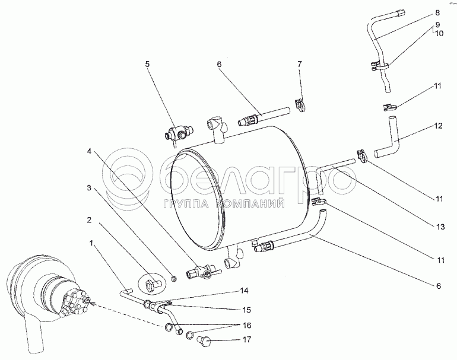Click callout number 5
[147, 64]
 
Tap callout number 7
[300, 64]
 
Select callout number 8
[437, 13]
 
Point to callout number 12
[438, 126]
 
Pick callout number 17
[246, 340]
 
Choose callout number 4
[89, 151]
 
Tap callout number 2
[89, 219]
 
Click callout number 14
[244, 291]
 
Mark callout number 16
[246, 326]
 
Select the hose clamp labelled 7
[299, 106]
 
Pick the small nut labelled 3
[174, 279]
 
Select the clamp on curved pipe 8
[379, 66]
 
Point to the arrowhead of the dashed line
[91, 303]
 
